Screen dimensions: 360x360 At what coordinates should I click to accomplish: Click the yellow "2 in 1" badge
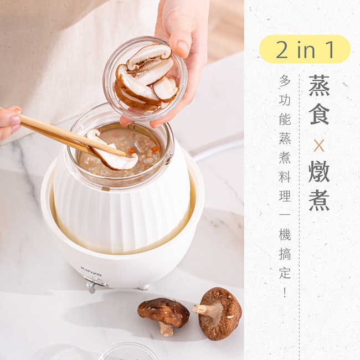305,49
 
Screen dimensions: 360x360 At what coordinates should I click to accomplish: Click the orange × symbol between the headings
319,146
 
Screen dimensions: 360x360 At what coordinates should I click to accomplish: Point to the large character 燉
319,172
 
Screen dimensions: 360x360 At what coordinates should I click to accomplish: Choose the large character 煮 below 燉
319,200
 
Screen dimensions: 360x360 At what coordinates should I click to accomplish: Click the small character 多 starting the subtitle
285,81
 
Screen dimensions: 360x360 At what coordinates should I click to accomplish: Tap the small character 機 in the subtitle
285,234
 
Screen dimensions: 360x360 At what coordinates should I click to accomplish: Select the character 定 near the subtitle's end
285,272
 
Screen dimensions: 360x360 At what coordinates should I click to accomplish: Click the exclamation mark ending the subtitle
285,292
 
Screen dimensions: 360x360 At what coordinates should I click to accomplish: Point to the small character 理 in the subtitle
285,196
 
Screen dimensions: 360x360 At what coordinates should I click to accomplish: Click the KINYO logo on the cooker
91,271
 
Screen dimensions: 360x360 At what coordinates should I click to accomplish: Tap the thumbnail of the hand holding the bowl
183,47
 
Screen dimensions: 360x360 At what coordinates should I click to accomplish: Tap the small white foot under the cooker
144,287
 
